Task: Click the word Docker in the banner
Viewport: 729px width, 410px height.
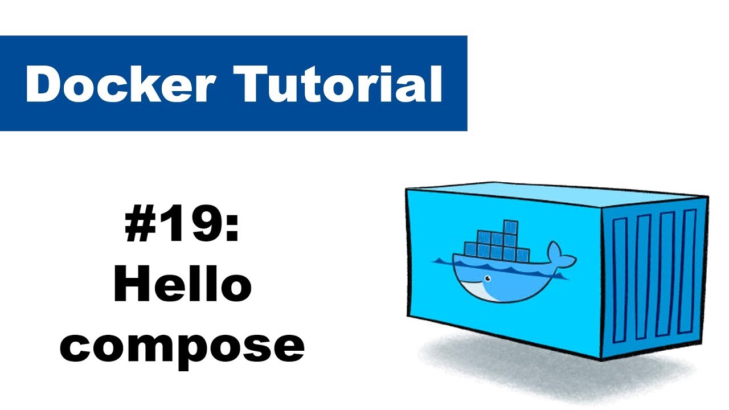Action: (x=120, y=84)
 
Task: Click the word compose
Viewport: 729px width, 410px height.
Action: (x=182, y=347)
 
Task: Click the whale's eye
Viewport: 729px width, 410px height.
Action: (x=488, y=279)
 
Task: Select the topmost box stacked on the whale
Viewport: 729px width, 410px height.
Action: (x=510, y=227)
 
